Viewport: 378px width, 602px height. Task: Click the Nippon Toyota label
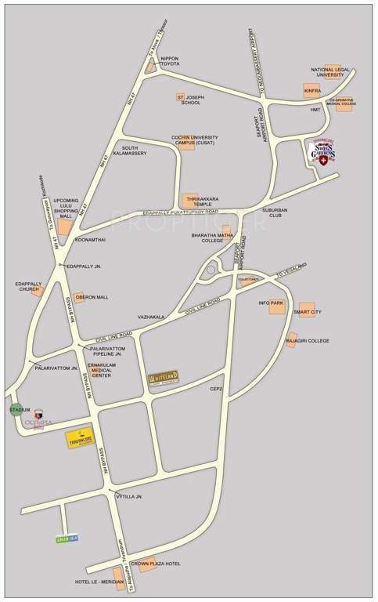click(x=170, y=62)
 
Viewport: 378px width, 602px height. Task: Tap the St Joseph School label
click(x=192, y=100)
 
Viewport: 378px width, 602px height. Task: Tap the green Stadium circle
click(x=16, y=410)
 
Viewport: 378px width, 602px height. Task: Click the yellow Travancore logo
click(x=80, y=439)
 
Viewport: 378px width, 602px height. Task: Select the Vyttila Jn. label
click(x=129, y=496)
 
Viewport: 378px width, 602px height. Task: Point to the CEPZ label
click(x=216, y=388)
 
